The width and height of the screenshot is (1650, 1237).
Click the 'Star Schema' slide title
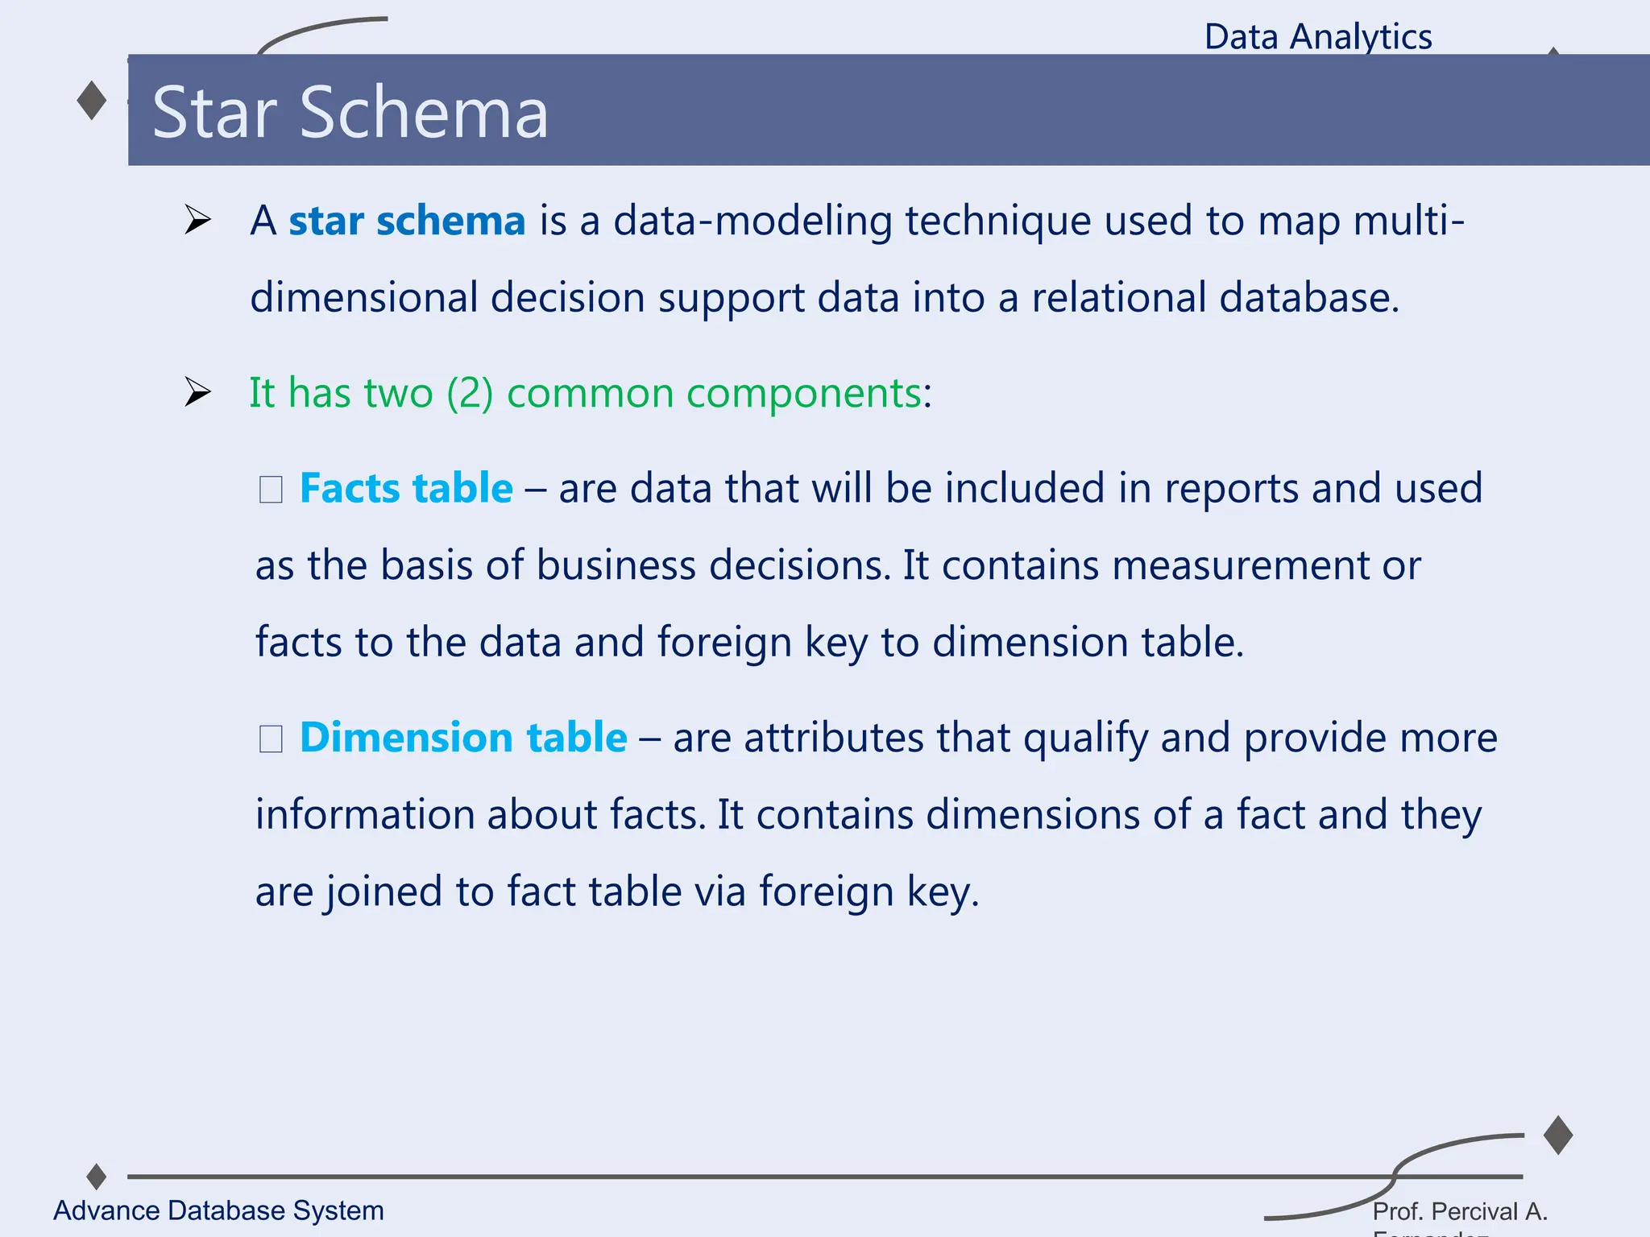(x=350, y=113)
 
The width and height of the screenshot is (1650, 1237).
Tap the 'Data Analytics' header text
(x=1318, y=37)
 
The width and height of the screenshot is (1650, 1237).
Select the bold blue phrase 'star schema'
(x=407, y=221)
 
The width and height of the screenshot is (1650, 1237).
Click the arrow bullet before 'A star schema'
(x=197, y=220)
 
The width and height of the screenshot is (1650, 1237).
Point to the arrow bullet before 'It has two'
(x=197, y=392)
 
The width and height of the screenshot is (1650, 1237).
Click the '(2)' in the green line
(x=470, y=393)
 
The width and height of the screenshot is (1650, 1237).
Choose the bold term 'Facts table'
(x=406, y=488)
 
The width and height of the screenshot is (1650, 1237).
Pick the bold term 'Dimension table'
(x=463, y=738)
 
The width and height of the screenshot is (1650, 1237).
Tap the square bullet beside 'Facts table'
(x=271, y=490)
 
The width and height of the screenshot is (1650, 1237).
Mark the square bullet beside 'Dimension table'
(x=271, y=739)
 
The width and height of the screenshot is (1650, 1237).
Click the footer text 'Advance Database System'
(x=218, y=1210)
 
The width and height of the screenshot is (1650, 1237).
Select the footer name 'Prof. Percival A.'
(x=1460, y=1211)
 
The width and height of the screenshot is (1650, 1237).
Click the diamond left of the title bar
(x=92, y=101)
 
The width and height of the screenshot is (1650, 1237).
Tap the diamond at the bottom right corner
(x=1558, y=1136)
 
